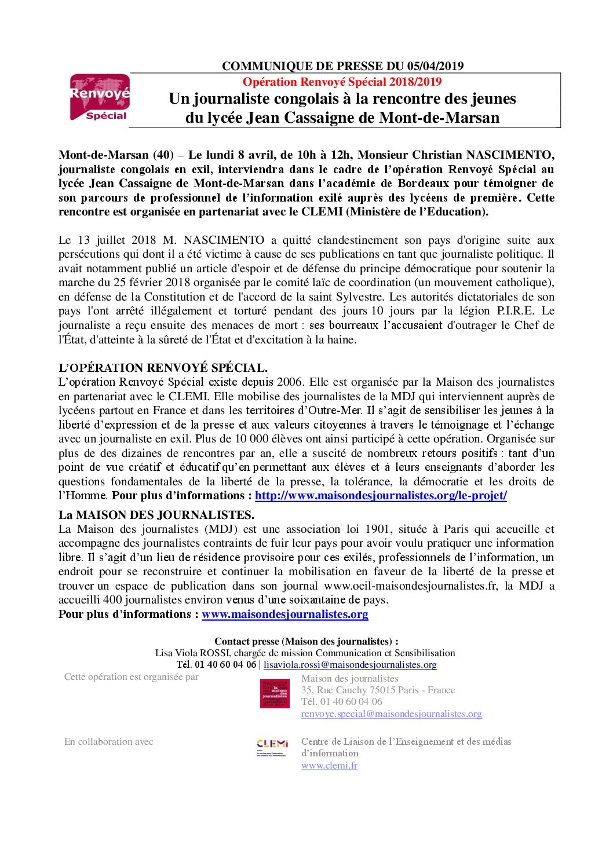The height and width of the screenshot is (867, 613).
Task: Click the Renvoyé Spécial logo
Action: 100,97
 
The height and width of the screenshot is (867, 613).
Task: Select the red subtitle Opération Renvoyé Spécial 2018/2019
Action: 342,82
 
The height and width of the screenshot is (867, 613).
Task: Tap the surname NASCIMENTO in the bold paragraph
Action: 510,155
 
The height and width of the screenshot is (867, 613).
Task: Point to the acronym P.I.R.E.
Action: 516,311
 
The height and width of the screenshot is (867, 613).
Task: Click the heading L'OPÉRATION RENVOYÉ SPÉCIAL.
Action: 163,368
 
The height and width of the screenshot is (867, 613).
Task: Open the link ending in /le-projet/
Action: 381,496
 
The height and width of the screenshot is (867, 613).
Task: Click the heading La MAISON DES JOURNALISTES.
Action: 156,515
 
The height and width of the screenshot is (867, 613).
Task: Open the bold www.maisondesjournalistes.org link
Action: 285,614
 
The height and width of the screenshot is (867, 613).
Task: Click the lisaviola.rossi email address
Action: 350,665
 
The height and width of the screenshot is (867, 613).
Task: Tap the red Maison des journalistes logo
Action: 275,693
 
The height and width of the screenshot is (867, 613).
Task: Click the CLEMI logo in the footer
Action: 272,746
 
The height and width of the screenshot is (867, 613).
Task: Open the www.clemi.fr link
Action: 329,766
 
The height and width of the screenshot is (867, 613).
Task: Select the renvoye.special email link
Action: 391,714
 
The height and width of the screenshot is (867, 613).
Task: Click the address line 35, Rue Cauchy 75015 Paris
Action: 378,690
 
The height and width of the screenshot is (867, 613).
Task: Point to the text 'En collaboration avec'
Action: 108,742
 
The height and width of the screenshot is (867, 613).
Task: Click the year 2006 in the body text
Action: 289,382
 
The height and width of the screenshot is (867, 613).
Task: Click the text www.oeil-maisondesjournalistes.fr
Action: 410,586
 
